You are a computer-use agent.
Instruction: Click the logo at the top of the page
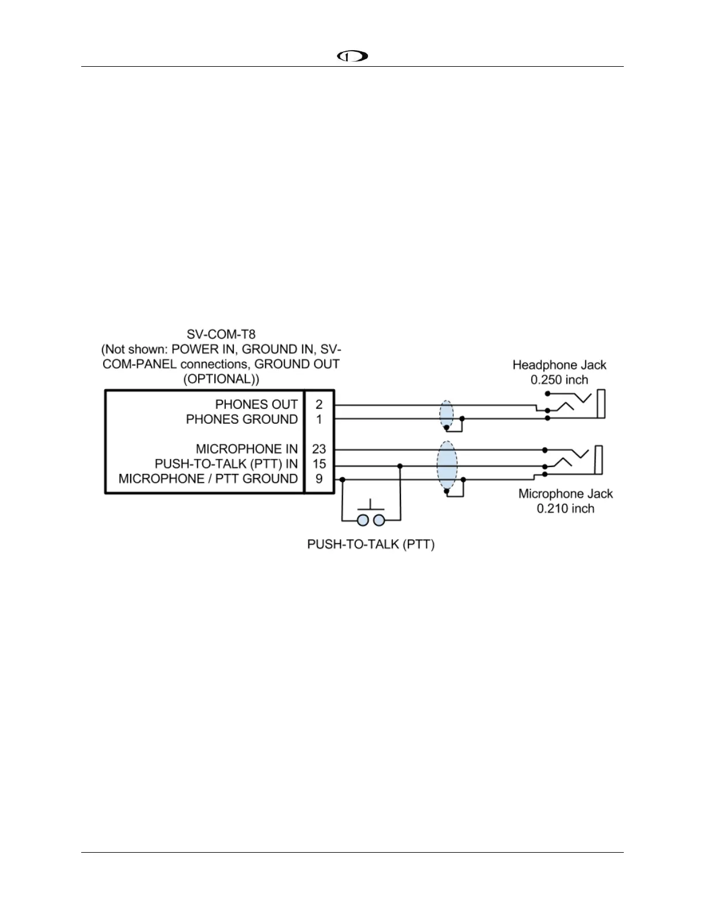pyautogui.click(x=352, y=56)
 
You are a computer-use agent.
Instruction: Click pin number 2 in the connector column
pyautogui.click(x=319, y=404)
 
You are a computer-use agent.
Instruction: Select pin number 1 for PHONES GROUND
pyautogui.click(x=319, y=419)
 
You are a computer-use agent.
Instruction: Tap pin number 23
pyautogui.click(x=319, y=449)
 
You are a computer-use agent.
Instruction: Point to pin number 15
pyautogui.click(x=319, y=464)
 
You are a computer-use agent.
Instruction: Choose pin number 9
pyautogui.click(x=319, y=479)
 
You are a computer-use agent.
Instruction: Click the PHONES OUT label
pyautogui.click(x=256, y=404)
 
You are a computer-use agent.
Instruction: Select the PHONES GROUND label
pyautogui.click(x=241, y=419)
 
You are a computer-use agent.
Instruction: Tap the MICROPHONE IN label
pyautogui.click(x=247, y=449)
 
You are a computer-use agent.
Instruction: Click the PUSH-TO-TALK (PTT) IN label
pyautogui.click(x=226, y=464)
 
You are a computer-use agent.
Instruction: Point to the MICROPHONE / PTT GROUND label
pyautogui.click(x=208, y=479)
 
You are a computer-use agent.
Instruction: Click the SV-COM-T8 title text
pyautogui.click(x=221, y=334)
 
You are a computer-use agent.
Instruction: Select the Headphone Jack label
pyautogui.click(x=559, y=365)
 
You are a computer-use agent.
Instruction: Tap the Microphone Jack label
pyautogui.click(x=566, y=493)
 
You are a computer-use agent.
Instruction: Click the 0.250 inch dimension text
pyautogui.click(x=559, y=380)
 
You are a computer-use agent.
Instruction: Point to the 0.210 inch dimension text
pyautogui.click(x=566, y=508)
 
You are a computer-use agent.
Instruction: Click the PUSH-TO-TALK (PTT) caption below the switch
pyautogui.click(x=371, y=544)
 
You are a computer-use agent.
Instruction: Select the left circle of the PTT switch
pyautogui.click(x=363, y=520)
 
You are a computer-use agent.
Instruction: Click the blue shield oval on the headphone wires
pyautogui.click(x=446, y=413)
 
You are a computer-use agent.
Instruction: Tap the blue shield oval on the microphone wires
pyautogui.click(x=447, y=465)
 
